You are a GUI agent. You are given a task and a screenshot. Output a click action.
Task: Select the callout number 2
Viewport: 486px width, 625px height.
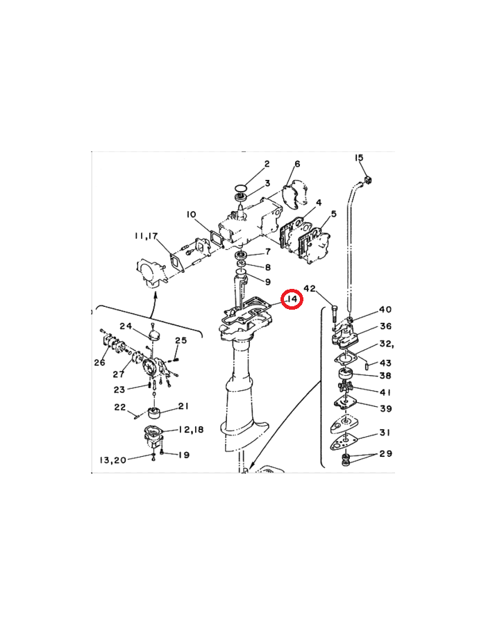click(267, 164)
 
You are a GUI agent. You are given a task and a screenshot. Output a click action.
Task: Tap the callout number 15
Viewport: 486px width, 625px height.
click(359, 158)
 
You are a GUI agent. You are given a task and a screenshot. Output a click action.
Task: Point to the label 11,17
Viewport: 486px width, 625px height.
click(146, 236)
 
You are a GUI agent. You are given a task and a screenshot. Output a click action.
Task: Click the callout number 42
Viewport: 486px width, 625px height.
click(310, 288)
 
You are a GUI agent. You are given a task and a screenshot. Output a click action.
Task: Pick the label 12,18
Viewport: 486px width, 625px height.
click(191, 429)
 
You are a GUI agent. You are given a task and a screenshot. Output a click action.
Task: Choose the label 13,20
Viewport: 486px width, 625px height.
click(112, 460)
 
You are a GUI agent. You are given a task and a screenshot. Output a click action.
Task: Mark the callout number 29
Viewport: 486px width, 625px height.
click(385, 453)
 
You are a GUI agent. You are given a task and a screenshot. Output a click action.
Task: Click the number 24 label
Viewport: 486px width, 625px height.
click(126, 326)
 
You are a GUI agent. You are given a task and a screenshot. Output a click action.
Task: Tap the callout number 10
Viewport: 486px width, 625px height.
click(191, 215)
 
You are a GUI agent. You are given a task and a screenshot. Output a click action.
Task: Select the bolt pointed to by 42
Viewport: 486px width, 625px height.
click(333, 313)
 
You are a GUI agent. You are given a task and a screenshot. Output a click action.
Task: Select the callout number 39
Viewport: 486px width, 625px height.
click(385, 408)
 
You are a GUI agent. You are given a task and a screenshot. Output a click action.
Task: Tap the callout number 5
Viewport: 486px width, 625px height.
click(333, 214)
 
